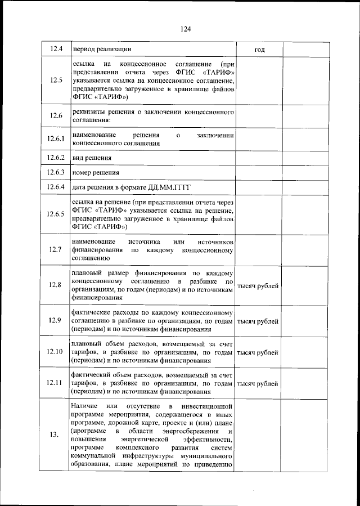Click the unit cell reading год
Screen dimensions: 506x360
coord(259,50)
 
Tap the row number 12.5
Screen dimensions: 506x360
coord(56,80)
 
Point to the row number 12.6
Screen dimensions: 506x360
coord(56,116)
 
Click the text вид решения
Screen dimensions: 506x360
coord(92,158)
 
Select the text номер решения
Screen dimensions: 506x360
coord(96,172)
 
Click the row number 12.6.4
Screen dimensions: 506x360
coord(56,187)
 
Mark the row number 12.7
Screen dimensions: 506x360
coord(56,249)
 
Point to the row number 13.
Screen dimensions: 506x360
coord(56,435)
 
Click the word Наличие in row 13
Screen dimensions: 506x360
coord(85,405)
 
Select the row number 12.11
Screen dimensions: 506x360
coord(56,384)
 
